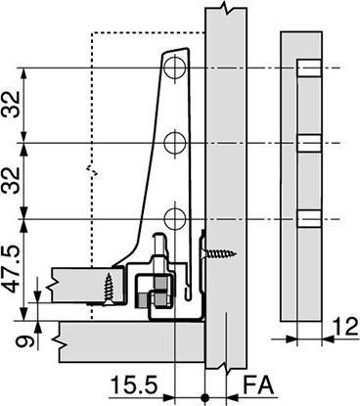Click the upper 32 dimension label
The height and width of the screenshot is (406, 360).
(x=12, y=104)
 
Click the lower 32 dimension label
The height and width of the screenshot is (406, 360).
(x=12, y=180)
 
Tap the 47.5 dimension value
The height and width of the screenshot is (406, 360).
(x=12, y=268)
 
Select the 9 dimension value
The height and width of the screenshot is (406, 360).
(x=24, y=342)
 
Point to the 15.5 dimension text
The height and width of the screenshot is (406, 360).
(x=134, y=385)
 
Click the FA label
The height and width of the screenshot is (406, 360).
(x=258, y=385)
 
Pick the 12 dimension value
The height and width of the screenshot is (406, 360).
(x=345, y=327)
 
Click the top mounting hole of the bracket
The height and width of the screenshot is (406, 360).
(x=175, y=68)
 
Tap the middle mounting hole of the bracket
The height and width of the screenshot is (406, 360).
(x=175, y=143)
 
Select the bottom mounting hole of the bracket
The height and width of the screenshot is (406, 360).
(x=175, y=219)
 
